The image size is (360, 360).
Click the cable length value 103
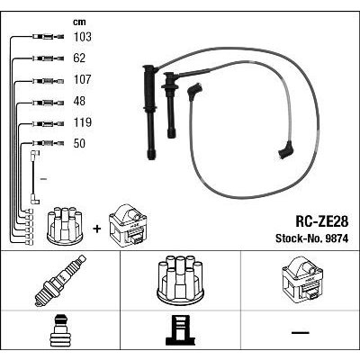tap(83, 37)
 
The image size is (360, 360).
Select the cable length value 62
tap(79, 58)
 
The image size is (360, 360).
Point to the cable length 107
tap(83, 79)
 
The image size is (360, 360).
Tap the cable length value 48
tap(79, 101)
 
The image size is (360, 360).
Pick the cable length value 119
tap(83, 122)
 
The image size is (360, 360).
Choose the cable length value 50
tap(79, 143)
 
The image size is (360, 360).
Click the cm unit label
tap(79, 22)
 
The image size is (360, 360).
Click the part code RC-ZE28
tap(322, 221)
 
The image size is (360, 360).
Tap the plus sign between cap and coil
tap(96, 229)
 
